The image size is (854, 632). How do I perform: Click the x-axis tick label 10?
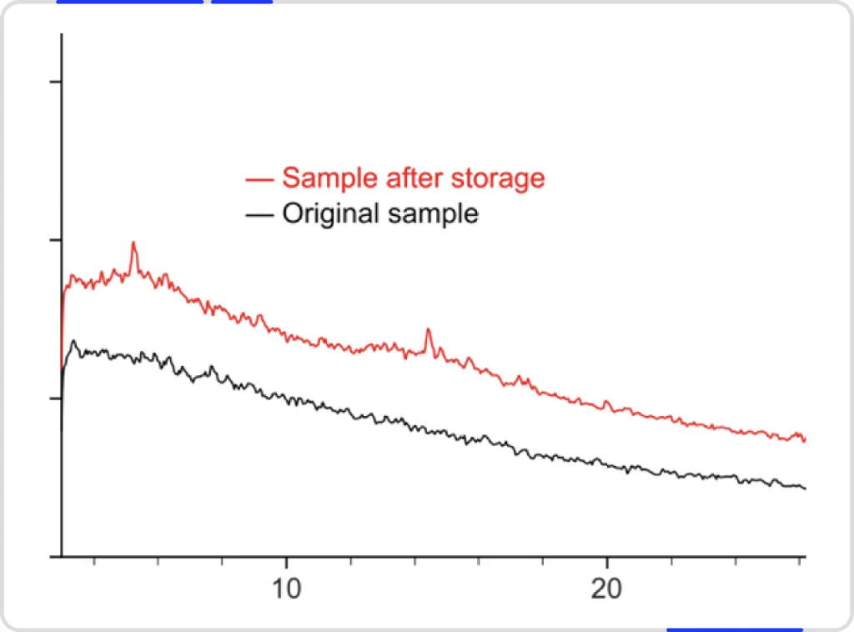coord(286,587)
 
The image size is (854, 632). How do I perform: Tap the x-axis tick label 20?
coord(606,587)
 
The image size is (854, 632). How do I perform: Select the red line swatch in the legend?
coord(260,179)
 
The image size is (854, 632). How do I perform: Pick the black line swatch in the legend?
coord(260,215)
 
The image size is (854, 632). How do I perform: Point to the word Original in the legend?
coord(330,214)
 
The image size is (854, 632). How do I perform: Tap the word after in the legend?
coord(409,178)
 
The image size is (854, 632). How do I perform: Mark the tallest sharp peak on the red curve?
coord(133,243)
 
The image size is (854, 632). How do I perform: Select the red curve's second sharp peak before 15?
coord(428,330)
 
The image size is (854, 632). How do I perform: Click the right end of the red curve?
coord(804,439)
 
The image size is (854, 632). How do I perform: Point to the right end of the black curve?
coord(805,488)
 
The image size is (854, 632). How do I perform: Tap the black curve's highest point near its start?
coord(73,341)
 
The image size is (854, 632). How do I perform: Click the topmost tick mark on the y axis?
coord(56,82)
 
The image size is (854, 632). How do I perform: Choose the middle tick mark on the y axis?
coord(56,240)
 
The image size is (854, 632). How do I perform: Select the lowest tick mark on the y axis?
coord(56,399)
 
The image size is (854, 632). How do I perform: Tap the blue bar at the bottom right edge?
coord(734,629)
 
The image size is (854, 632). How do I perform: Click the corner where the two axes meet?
coord(62,556)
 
